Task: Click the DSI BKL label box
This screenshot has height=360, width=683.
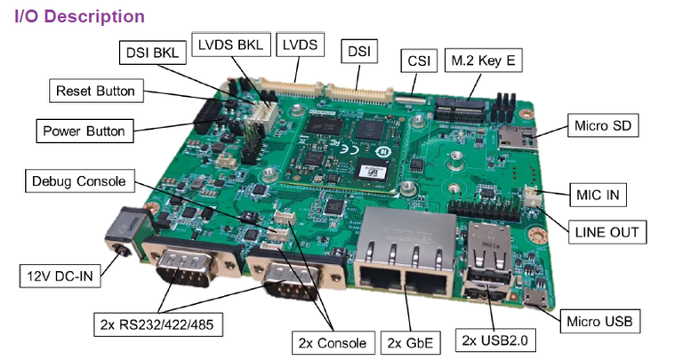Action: point(152,52)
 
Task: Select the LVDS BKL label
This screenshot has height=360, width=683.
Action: point(231,44)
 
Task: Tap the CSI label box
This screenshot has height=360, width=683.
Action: point(419,60)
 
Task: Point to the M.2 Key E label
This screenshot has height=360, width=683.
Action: point(483,60)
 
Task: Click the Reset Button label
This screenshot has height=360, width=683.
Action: point(96,91)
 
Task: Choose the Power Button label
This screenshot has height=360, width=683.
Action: point(84,131)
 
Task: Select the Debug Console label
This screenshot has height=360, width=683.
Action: point(80,181)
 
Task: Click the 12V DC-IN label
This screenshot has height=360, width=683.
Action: point(60,276)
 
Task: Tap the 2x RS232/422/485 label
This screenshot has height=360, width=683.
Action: point(157,324)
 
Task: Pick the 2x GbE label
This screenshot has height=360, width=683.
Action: point(410,343)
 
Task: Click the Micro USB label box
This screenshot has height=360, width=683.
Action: point(599,321)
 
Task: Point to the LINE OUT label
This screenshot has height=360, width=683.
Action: point(607,232)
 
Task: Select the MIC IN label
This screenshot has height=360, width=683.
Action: point(598,195)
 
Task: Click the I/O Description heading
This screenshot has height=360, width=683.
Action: point(79,16)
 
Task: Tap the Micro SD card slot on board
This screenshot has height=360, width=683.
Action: point(517,138)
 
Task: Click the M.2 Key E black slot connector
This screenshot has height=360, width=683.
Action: point(460,108)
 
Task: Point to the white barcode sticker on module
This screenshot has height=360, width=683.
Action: point(372,171)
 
